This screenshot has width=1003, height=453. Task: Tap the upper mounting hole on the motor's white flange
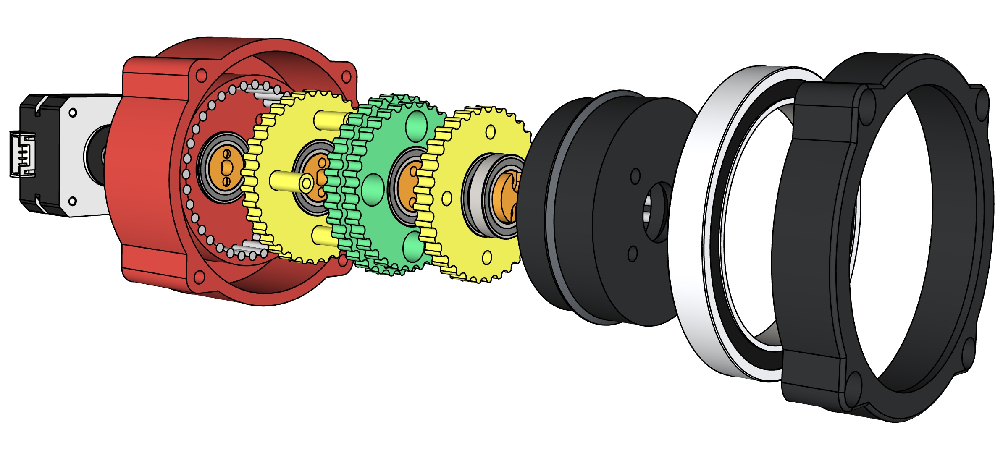[x=73, y=113]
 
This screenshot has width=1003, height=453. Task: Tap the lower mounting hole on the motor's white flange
[x=72, y=202]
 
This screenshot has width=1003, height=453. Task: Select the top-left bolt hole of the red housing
[x=202, y=76]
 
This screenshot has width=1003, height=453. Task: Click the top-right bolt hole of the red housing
[x=347, y=76]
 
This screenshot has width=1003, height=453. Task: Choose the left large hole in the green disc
[x=373, y=190]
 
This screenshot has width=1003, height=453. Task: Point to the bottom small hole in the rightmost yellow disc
[x=487, y=257]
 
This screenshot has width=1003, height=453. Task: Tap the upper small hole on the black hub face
[x=635, y=176]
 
